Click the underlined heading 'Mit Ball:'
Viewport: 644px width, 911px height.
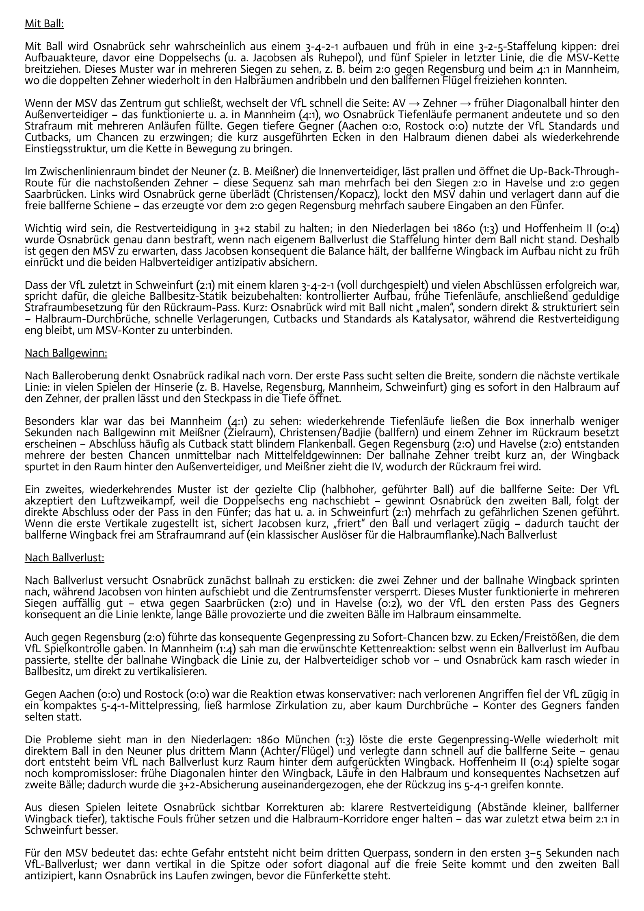coord(44,24)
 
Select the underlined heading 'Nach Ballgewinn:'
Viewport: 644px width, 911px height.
coord(66,353)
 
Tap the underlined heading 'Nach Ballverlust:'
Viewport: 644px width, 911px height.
coord(65,558)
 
